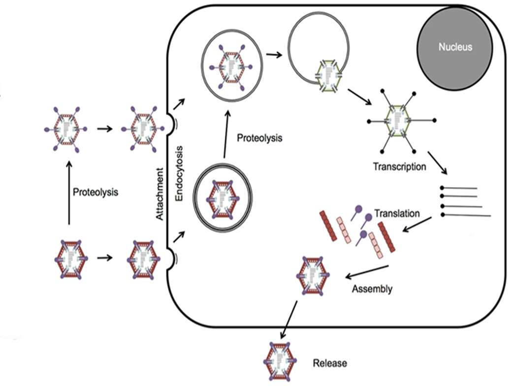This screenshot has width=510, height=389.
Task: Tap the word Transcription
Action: [399, 166]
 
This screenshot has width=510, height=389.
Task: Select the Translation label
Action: [397, 214]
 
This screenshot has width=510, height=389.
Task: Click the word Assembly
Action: [372, 289]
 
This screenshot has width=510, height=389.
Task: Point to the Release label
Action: [330, 363]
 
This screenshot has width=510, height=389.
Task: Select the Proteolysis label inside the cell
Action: [260, 138]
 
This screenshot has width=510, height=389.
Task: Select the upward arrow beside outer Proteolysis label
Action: [69, 192]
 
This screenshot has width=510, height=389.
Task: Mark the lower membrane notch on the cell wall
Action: [170, 258]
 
